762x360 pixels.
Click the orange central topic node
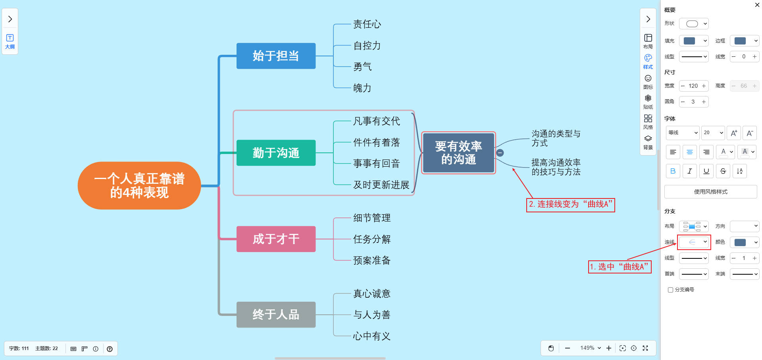[139, 186]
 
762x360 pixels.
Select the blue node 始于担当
[276, 56]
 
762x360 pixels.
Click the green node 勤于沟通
[276, 153]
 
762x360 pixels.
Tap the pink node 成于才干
[276, 239]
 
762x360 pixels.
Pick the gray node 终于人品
[276, 315]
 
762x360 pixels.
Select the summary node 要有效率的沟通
[458, 153]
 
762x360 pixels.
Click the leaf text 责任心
[367, 25]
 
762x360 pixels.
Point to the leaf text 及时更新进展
[381, 185]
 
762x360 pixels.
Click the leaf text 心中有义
[372, 336]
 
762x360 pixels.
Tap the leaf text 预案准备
[372, 260]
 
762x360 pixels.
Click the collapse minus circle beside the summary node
[500, 153]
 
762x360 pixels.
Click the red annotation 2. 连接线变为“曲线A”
[570, 205]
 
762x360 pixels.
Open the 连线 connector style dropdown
[694, 242]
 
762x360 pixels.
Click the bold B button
[673, 171]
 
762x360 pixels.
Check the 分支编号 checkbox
[670, 290]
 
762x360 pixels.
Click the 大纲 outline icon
[10, 41]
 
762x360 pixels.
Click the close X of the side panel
[757, 5]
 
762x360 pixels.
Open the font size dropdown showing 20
[713, 133]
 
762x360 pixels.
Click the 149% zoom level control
[590, 348]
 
